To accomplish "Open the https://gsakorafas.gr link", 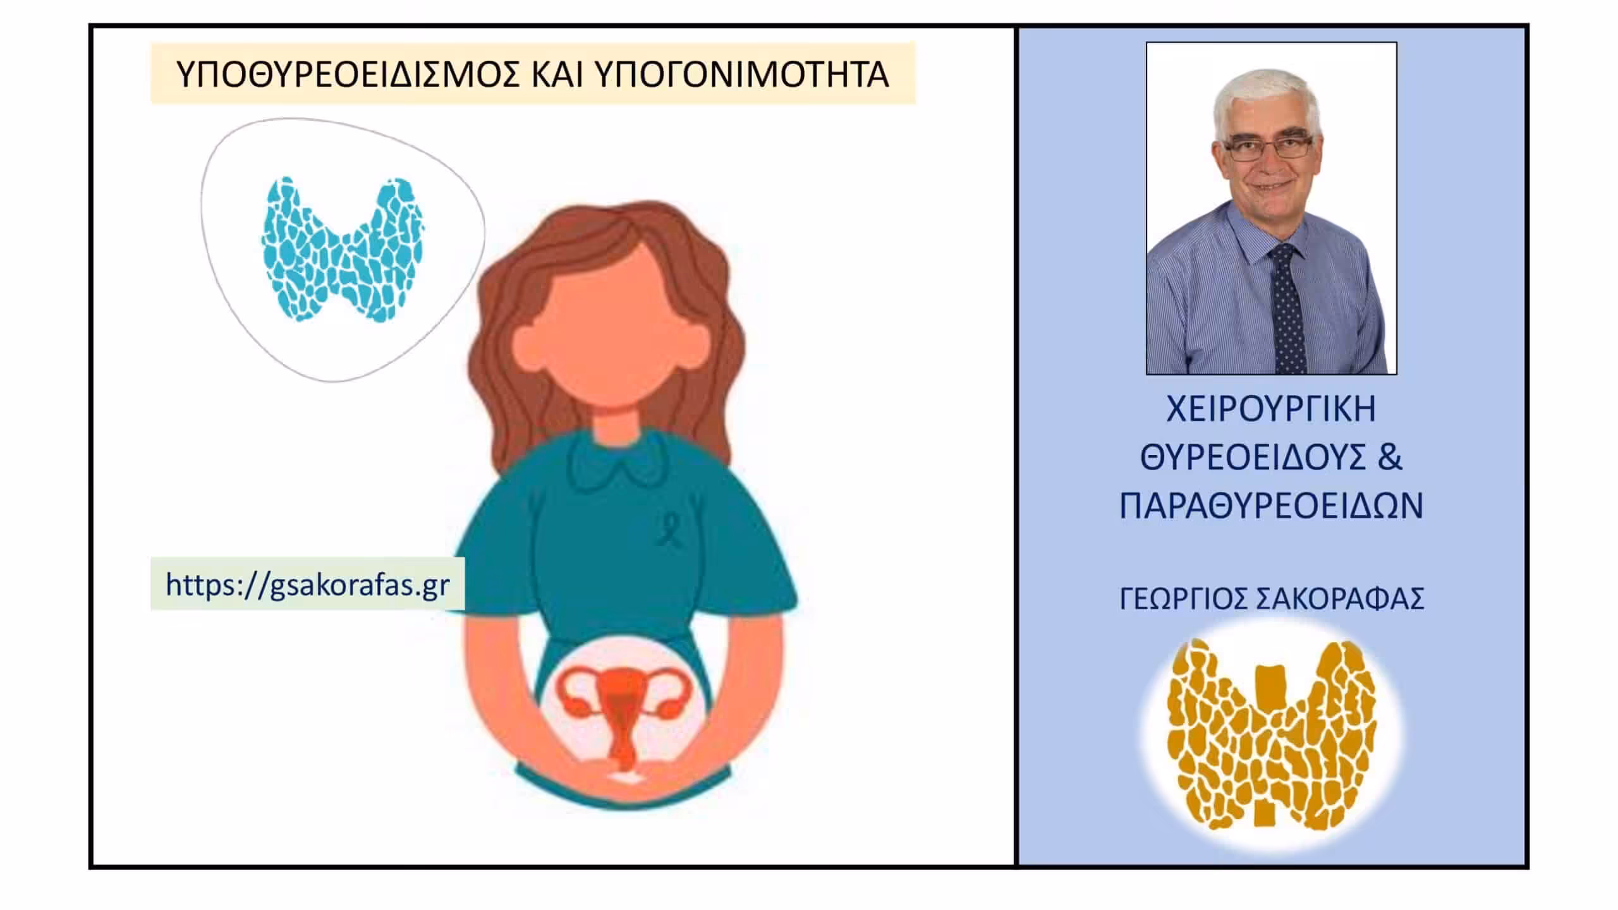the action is point(308,585).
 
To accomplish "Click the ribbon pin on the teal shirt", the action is point(666,530).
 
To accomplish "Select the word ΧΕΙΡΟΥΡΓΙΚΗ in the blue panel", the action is point(1271,409).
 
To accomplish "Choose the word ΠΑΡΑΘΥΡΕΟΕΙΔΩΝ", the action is point(1272,506).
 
